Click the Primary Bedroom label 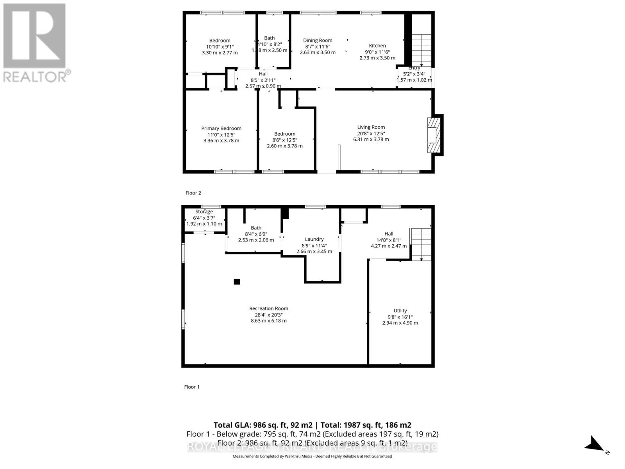click(x=221, y=128)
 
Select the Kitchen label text click(x=377, y=46)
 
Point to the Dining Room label click(x=318, y=40)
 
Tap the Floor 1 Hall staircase click(x=421, y=244)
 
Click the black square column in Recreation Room click(x=237, y=281)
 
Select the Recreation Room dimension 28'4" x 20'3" click(x=268, y=315)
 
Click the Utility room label click(x=400, y=311)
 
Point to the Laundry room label click(x=314, y=239)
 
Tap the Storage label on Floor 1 click(x=204, y=212)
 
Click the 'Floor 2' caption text click(x=193, y=193)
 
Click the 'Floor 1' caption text click(x=192, y=387)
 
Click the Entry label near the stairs click(x=414, y=68)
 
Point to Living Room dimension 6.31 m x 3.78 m click(x=371, y=140)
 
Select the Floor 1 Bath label click(x=256, y=228)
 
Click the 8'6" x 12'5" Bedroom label click(x=284, y=134)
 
